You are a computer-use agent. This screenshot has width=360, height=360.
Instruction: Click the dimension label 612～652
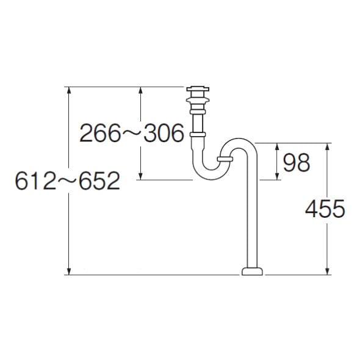(68, 181)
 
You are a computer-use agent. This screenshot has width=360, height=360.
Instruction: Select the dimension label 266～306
(132, 132)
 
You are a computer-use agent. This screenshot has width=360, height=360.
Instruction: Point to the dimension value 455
(325, 209)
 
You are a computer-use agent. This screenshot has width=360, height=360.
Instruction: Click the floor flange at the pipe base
(252, 271)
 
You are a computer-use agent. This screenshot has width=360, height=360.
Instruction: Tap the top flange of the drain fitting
(198, 88)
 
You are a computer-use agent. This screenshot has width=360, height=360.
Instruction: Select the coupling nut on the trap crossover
(225, 159)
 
